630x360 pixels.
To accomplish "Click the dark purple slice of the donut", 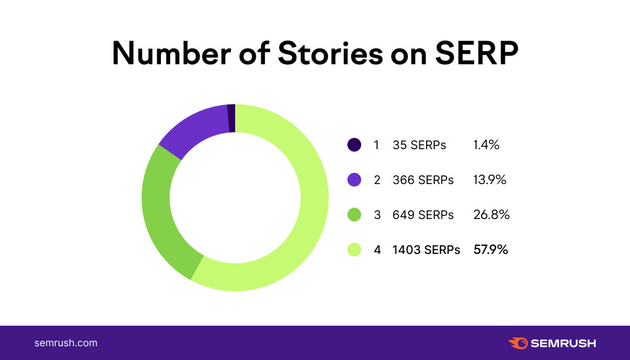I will [231, 119].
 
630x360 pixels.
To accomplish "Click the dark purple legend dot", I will [354, 145].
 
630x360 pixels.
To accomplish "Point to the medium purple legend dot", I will [354, 180].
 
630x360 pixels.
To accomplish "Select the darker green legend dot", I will [354, 215].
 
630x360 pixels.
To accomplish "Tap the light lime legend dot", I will [354, 250].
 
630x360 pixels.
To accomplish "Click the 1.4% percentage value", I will [487, 145].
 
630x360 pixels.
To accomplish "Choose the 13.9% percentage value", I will [490, 180].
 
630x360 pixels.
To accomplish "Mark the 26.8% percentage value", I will [492, 215].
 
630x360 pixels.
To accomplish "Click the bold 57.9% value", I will [491, 250].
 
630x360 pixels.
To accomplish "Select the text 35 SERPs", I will [419, 145].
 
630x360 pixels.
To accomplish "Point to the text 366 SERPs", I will [423, 180].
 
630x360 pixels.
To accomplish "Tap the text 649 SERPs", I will [423, 215].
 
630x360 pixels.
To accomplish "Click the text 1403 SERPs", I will [426, 250].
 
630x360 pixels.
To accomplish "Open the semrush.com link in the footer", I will [65, 343].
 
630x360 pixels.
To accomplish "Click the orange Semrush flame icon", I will [518, 343].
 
